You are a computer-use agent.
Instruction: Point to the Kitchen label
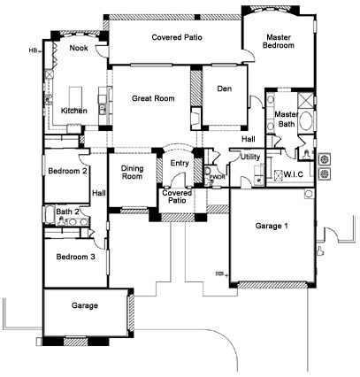tap(73, 111)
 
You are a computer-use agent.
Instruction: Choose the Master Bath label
tap(285, 120)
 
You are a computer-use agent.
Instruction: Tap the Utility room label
tap(249, 156)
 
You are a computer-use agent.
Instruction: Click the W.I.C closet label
tap(294, 174)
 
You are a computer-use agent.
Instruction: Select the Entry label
tap(180, 163)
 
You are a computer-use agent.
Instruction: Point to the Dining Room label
tap(132, 172)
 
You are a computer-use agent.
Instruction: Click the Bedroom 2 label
tap(67, 171)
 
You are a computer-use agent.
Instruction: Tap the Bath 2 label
tap(68, 212)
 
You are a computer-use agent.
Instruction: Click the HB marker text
tap(33, 50)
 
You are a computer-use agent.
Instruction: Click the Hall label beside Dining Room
tap(98, 193)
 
